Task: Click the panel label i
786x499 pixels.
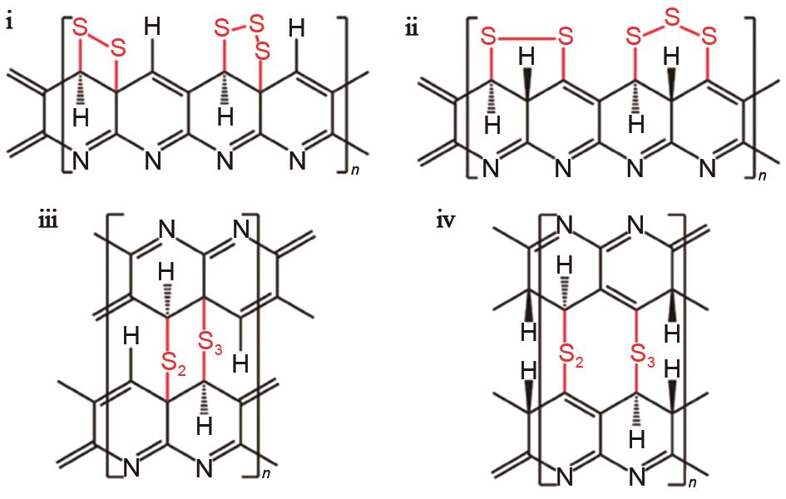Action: click(x=9, y=23)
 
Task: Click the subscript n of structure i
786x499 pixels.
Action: click(x=355, y=170)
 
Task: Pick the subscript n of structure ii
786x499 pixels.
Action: click(x=763, y=175)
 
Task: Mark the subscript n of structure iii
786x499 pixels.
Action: click(x=266, y=473)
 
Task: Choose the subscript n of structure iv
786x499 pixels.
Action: click(x=692, y=483)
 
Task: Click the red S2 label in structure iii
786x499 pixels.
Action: click(x=174, y=363)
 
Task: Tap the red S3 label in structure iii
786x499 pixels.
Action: click(x=210, y=343)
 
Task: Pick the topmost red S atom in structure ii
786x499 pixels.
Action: click(x=671, y=17)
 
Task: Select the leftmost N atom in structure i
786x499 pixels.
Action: click(x=81, y=161)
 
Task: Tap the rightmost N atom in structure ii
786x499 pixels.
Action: click(x=707, y=168)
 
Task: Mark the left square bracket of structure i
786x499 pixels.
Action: click(x=67, y=95)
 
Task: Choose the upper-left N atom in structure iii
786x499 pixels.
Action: click(x=167, y=230)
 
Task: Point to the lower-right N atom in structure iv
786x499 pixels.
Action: click(x=636, y=477)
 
